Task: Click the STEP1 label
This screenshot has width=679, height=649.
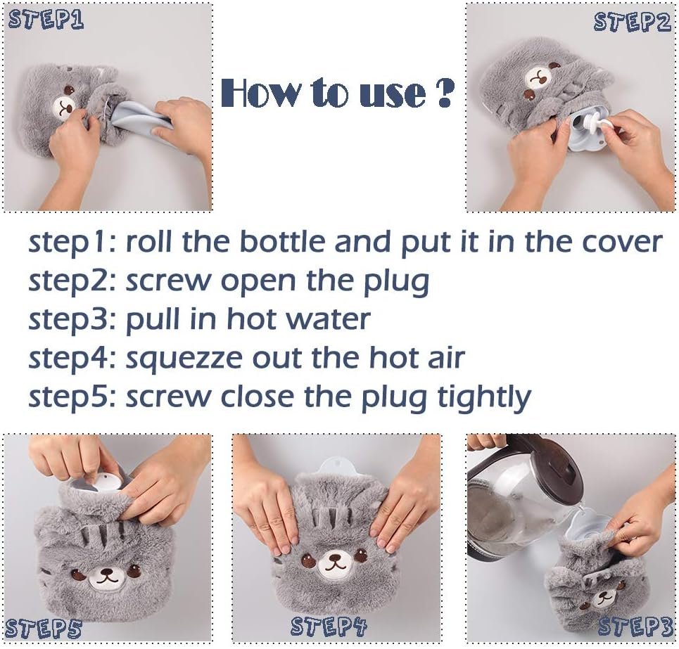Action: coord(46,20)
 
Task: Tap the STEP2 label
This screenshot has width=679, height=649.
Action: coord(632,22)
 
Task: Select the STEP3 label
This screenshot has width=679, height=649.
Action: coord(635,627)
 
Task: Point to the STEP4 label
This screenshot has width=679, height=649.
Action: coord(329,626)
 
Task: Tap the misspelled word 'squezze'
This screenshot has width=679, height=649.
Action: coord(184,359)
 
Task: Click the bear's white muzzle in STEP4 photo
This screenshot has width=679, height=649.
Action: coord(334,564)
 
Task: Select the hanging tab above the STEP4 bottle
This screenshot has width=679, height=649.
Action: coord(336,466)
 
